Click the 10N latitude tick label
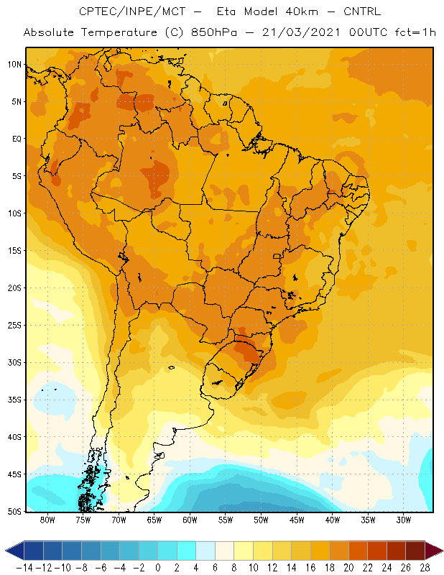click(14, 65)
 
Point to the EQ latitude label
click(17, 139)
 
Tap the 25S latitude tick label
click(14, 326)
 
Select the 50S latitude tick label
click(14, 512)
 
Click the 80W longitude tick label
click(47, 520)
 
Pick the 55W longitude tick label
click(226, 520)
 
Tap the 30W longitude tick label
click(403, 520)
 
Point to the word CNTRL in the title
click(362, 11)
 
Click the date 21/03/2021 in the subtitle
click(301, 32)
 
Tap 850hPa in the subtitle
click(214, 32)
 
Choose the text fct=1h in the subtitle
click(415, 32)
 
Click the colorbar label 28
click(425, 568)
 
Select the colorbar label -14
click(24, 568)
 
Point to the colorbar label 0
click(157, 568)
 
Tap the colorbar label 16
click(310, 568)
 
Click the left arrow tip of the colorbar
click(6, 551)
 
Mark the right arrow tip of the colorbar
click(443, 551)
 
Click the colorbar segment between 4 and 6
click(205, 551)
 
